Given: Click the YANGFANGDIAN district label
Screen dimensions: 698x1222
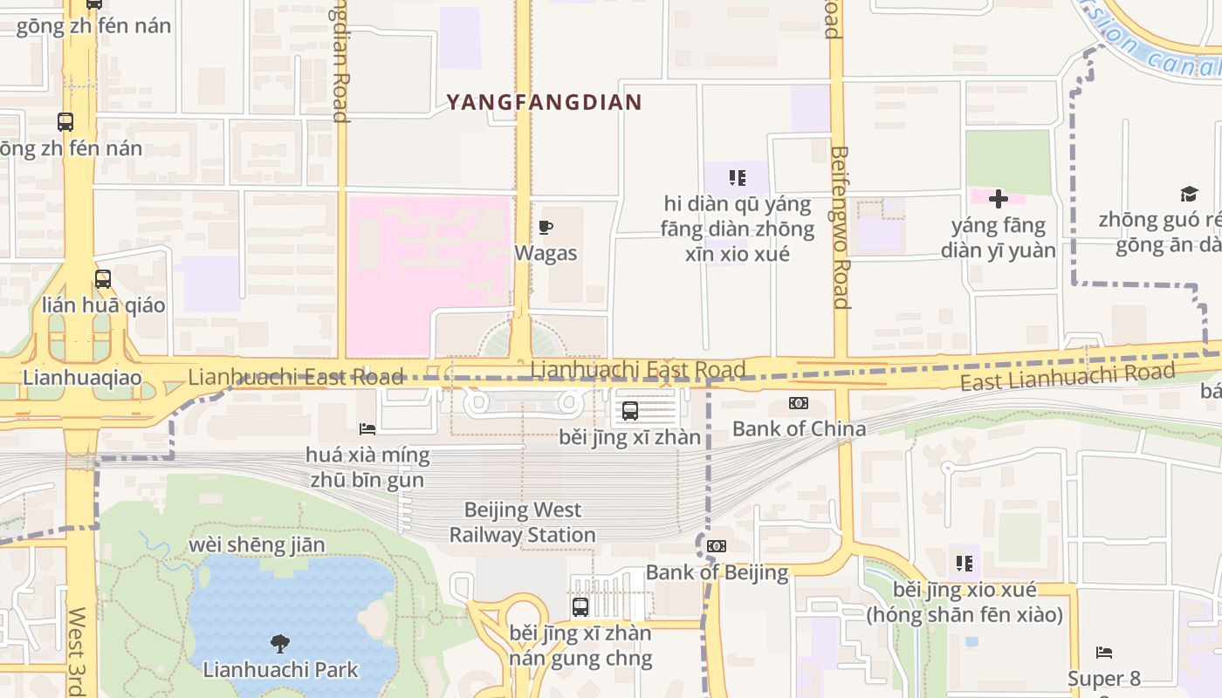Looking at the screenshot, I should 544,102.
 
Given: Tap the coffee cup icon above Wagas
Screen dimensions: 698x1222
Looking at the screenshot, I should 546,228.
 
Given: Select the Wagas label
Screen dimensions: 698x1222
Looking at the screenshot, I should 546,253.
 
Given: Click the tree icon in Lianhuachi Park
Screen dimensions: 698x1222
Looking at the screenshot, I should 280,645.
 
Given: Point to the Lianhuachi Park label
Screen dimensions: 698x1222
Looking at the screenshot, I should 280,670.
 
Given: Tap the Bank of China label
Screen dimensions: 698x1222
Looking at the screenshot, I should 799,428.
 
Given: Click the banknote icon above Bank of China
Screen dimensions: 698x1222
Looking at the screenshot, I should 799,403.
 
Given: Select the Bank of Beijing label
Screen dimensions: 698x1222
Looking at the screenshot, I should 717,572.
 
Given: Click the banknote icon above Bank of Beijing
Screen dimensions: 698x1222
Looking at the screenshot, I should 717,546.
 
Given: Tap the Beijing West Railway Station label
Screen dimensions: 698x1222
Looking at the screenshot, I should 522,522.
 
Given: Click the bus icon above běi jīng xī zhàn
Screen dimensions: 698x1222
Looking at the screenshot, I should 630,410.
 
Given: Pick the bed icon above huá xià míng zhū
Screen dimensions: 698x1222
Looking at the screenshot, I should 367,428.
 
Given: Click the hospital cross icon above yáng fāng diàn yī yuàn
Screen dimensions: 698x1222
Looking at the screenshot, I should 999,199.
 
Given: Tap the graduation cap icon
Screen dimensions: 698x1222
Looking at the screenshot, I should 1189,194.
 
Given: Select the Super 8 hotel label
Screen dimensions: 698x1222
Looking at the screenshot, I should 1103,678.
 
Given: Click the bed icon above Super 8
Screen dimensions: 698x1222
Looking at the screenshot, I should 1104,652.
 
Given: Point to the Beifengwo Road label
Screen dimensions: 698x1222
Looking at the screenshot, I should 840,227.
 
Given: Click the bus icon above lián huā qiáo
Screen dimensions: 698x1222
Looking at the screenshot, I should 103,279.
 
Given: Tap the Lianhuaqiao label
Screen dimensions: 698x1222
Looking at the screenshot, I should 82,378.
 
